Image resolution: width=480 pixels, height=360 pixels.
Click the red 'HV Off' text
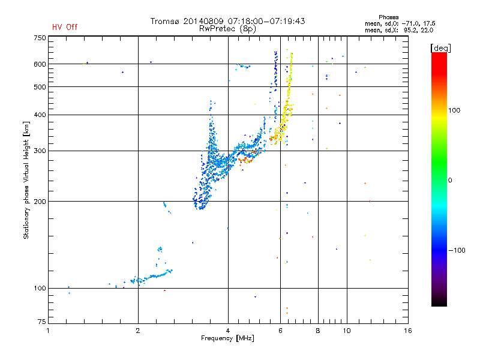pos(64,27)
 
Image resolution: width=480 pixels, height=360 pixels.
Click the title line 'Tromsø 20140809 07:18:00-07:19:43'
pos(228,21)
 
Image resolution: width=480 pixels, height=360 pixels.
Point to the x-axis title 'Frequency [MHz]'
pos(228,339)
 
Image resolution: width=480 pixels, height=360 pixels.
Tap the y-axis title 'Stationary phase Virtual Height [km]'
pos(26,180)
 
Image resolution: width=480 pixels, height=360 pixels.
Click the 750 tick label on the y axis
pos(40,37)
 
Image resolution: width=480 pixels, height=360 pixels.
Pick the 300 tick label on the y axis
pos(40,151)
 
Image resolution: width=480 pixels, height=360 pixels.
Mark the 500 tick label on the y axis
pos(40,87)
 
